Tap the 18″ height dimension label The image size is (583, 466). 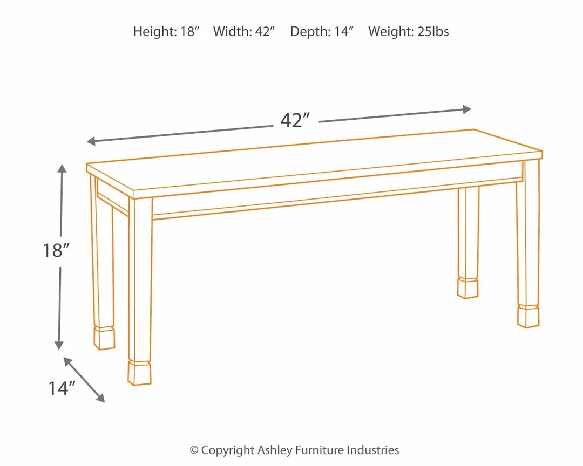(x=57, y=251)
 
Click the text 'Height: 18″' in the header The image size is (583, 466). (x=166, y=31)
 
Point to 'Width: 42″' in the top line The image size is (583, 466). (x=244, y=31)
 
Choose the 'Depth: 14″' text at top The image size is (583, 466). (x=322, y=31)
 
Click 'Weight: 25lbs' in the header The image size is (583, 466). (x=408, y=31)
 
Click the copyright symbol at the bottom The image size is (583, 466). (x=194, y=450)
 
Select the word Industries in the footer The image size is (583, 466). (x=372, y=450)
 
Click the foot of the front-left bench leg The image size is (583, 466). (x=139, y=373)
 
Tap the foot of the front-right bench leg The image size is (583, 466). (x=528, y=316)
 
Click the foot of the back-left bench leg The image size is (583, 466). (x=104, y=338)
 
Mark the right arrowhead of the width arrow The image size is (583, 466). (x=467, y=109)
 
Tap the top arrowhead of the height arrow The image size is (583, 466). (x=62, y=169)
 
